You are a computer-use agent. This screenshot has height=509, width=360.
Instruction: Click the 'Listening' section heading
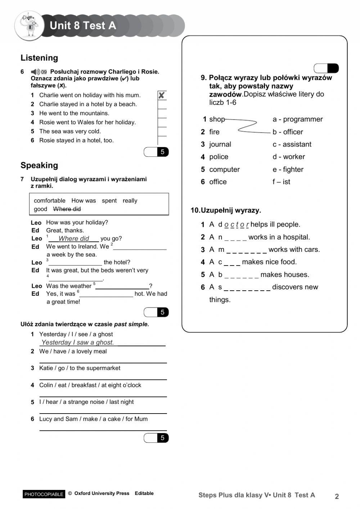point(39,58)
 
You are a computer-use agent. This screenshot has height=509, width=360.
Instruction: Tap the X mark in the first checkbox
point(162,95)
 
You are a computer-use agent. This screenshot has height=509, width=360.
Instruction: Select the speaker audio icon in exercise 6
point(35,72)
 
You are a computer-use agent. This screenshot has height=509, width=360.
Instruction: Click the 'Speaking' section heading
point(39,165)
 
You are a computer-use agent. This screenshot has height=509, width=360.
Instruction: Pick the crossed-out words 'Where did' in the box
point(67,209)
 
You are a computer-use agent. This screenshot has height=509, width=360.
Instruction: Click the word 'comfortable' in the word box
point(50,201)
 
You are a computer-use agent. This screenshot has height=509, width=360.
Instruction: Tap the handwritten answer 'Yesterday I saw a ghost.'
point(78,342)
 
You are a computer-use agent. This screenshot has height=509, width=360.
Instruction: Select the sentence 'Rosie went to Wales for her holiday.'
point(87,122)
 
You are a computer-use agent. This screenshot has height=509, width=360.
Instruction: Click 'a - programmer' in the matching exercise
point(297,119)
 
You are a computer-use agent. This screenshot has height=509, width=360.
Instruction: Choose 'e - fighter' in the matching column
point(288,169)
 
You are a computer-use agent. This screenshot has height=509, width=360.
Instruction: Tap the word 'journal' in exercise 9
point(220,144)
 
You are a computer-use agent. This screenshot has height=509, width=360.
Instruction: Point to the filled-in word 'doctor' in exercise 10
point(237,224)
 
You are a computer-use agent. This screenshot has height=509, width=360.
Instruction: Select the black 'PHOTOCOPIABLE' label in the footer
point(44,494)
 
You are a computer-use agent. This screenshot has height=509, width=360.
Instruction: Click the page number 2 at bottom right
point(337,496)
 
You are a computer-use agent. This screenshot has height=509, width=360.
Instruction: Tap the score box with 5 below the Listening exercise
point(156,152)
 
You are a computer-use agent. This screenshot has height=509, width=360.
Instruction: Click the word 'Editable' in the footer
point(144,494)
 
